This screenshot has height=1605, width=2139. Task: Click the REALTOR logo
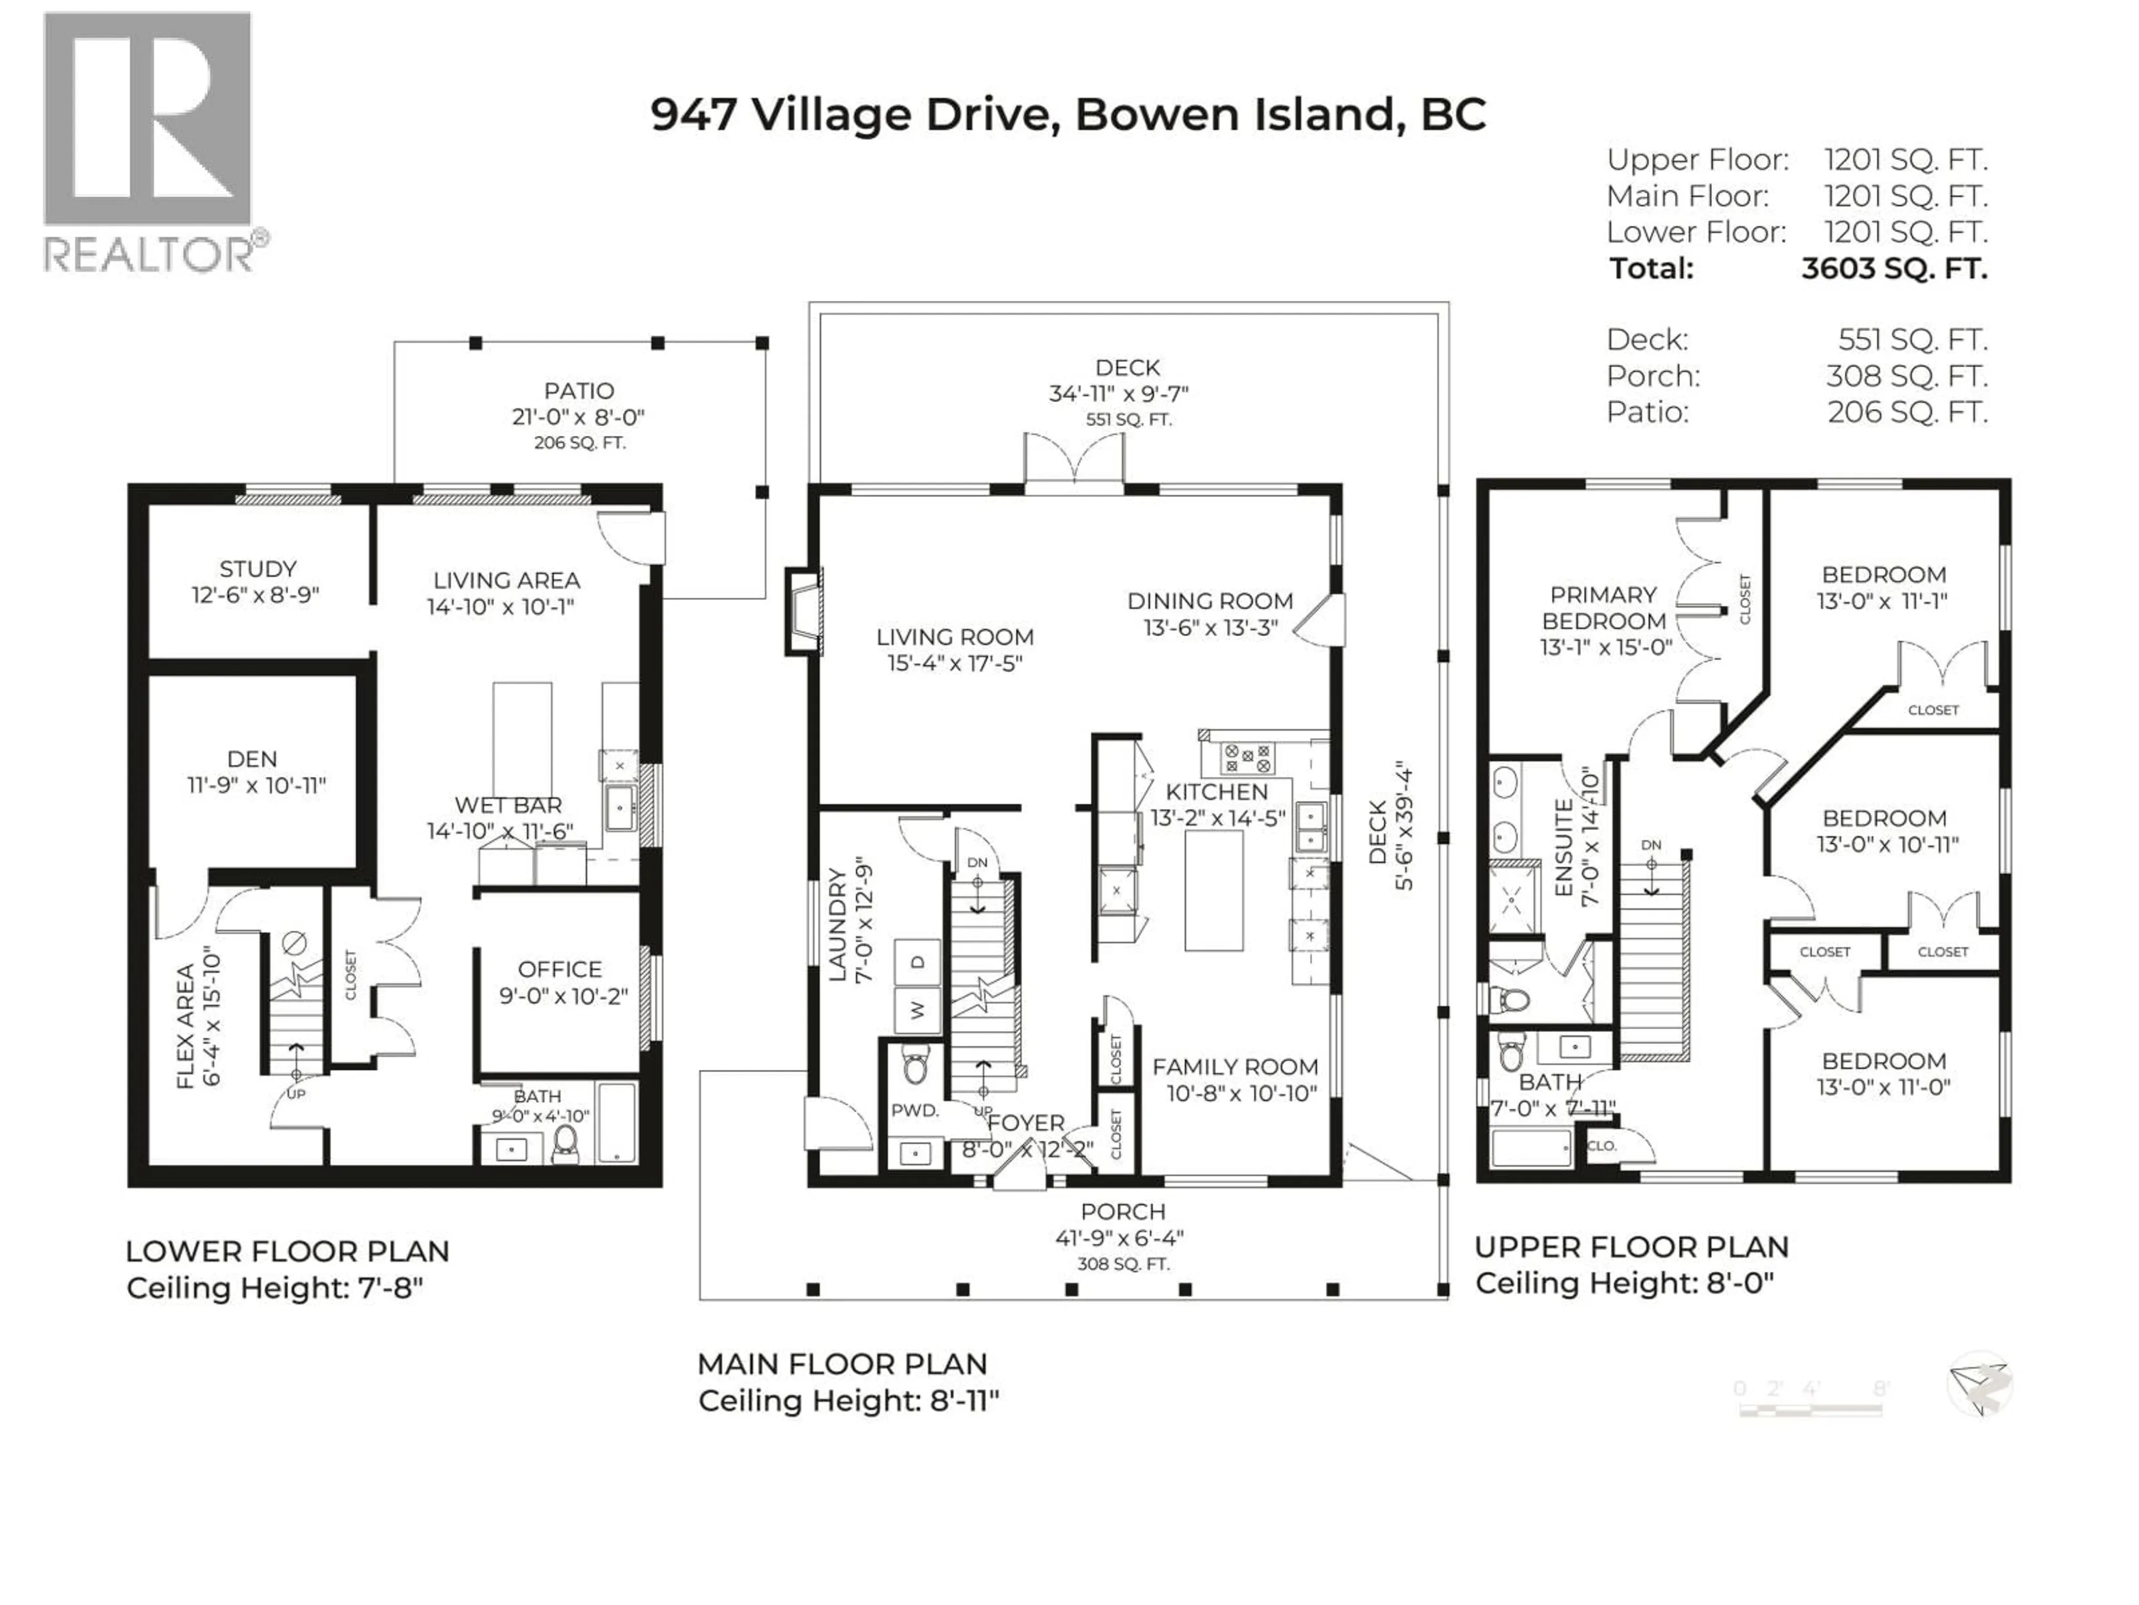pyautogui.click(x=150, y=140)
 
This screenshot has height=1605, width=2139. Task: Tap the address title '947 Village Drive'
pyautogui.click(x=851, y=114)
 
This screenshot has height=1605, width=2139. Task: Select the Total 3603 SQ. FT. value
pyautogui.click(x=1893, y=268)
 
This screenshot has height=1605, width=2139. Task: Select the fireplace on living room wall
pyautogui.click(x=803, y=611)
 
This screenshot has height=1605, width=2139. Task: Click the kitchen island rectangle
pyautogui.click(x=1214, y=890)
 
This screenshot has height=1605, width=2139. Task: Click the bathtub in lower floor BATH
pyautogui.click(x=616, y=1123)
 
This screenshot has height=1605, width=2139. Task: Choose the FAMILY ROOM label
pyautogui.click(x=1235, y=1067)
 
